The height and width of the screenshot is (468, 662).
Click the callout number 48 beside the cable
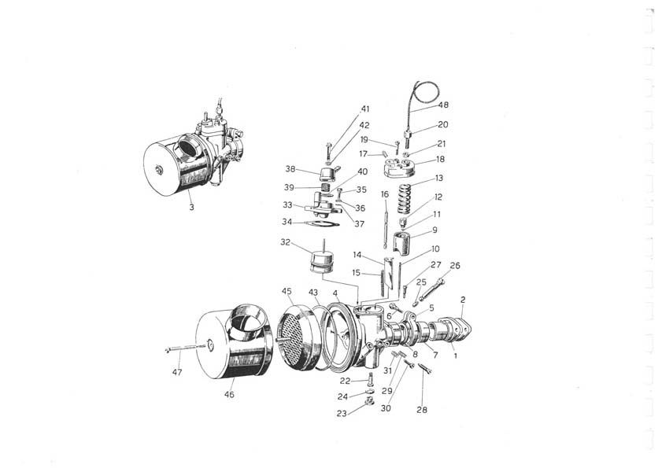443,105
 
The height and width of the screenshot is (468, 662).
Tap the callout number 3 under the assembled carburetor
192,207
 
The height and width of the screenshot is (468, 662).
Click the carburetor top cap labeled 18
399,168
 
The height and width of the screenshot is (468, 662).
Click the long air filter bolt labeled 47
186,348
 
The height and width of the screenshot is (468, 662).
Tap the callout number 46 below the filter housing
229,395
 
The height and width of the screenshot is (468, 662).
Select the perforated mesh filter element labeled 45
295,337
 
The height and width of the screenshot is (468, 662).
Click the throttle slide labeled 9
402,244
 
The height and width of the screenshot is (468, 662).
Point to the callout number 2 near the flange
463,300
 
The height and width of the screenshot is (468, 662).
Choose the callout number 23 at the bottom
342,414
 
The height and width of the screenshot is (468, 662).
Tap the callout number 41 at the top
364,109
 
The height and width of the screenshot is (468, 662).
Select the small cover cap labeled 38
325,174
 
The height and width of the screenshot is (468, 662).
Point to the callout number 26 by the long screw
455,265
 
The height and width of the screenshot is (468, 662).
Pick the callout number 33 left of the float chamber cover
287,205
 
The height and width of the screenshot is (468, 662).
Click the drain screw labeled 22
371,380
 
